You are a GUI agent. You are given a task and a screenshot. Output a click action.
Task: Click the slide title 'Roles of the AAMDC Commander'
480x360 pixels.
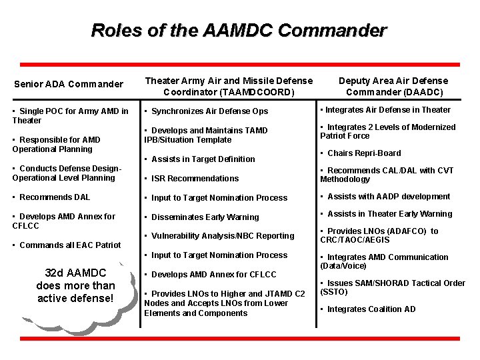tap(239, 31)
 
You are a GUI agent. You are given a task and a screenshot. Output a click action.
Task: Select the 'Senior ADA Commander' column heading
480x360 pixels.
tap(69, 84)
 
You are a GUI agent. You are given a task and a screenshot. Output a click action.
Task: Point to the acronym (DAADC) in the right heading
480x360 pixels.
tap(394, 92)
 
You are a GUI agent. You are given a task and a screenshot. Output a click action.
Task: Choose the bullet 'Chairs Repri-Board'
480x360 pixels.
tap(363, 153)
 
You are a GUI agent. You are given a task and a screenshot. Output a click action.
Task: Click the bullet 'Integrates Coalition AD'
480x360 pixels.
tap(371, 309)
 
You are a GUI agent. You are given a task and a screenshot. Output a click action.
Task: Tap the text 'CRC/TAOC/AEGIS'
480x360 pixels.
tap(355, 240)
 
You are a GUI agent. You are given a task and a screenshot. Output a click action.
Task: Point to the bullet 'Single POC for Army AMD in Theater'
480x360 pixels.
tap(70, 115)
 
